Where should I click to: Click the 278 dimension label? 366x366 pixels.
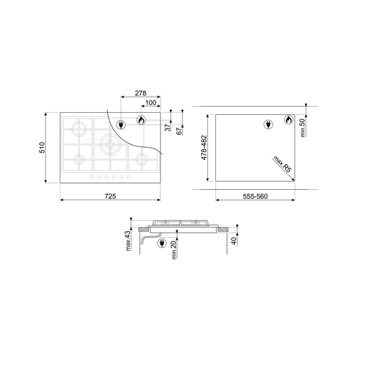pyautogui.click(x=140, y=93)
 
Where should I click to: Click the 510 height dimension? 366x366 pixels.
pyautogui.click(x=42, y=147)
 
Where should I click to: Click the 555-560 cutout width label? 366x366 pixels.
pyautogui.click(x=251, y=196)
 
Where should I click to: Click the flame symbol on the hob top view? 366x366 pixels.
pyautogui.click(x=140, y=121)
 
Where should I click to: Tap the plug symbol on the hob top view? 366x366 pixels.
pyautogui.click(x=121, y=124)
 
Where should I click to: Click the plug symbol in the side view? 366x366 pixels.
pyautogui.click(x=162, y=244)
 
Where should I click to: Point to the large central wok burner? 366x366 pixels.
pyautogui.click(x=110, y=144)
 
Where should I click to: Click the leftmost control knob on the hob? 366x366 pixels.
pyautogui.click(x=92, y=178)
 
